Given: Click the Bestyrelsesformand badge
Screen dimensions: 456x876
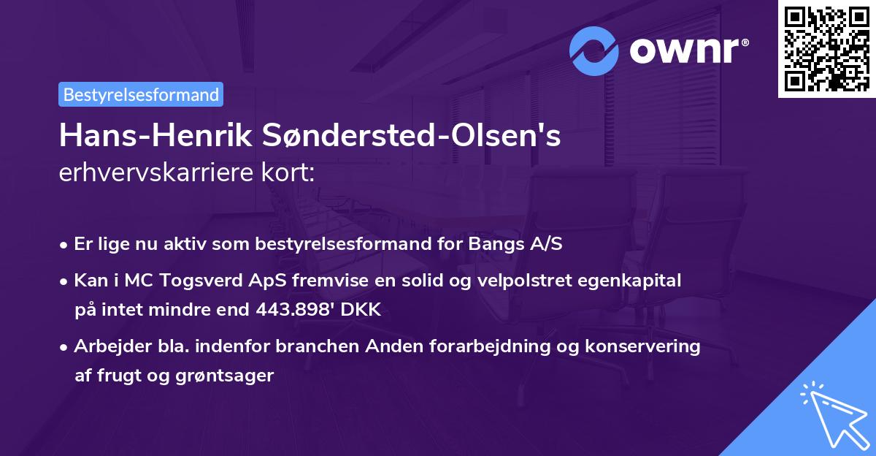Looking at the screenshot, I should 141,94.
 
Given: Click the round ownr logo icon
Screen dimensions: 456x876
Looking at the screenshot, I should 595,50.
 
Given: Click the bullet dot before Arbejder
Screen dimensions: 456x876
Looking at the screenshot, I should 65,346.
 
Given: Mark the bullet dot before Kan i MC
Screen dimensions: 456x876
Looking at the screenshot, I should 65,281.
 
